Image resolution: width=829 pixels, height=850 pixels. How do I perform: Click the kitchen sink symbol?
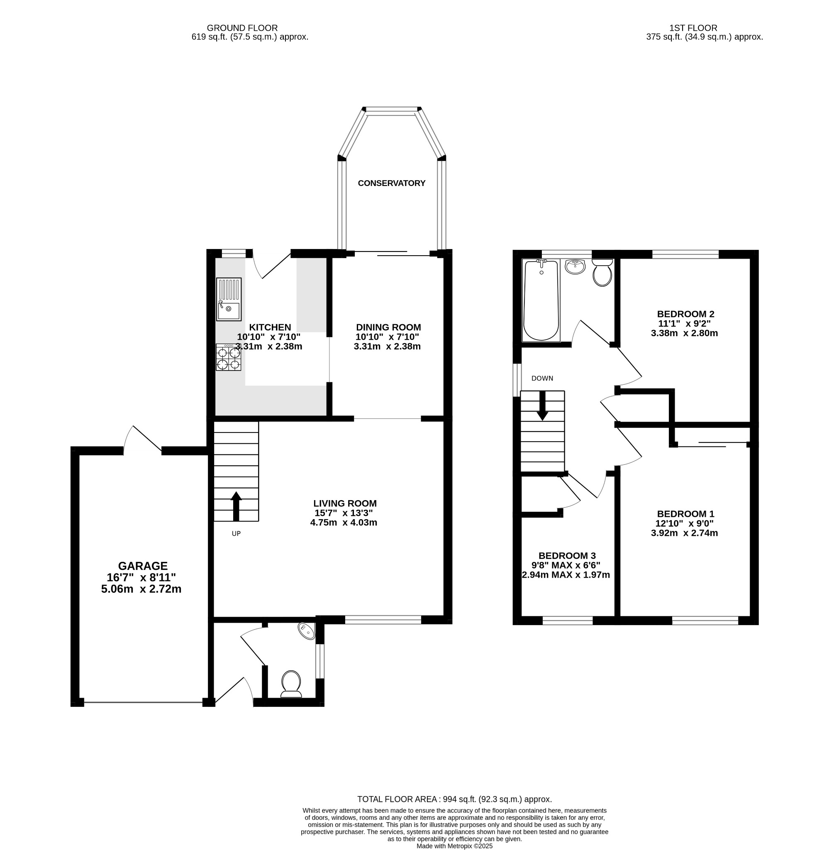click(x=229, y=299)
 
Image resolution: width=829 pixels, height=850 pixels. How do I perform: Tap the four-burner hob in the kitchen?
click(x=229, y=357)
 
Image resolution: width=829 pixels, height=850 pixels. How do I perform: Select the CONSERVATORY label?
click(x=391, y=183)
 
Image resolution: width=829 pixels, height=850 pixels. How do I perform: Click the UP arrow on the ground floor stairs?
click(x=236, y=506)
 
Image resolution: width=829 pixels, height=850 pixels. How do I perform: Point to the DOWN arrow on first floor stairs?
click(x=542, y=406)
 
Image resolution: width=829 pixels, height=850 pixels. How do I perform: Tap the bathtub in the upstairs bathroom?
click(x=541, y=300)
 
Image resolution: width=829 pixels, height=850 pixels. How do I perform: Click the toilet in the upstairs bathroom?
click(x=602, y=273)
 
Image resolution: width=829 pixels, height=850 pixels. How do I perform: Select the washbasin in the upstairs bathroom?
click(x=575, y=266)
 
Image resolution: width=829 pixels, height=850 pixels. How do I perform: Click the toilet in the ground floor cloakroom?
click(x=291, y=683)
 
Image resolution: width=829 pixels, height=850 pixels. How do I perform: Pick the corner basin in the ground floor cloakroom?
click(x=307, y=630)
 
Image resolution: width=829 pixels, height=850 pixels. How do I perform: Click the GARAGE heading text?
click(x=143, y=566)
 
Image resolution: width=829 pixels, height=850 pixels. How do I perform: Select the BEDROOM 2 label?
click(x=685, y=314)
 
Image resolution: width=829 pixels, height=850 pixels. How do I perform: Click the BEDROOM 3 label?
click(x=567, y=556)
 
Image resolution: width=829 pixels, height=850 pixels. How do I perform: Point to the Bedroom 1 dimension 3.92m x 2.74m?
click(x=684, y=533)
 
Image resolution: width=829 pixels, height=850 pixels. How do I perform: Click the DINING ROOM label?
click(x=388, y=327)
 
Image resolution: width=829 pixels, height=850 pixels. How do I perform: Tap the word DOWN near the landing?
click(x=542, y=379)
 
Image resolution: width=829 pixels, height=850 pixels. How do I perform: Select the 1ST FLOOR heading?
click(x=693, y=28)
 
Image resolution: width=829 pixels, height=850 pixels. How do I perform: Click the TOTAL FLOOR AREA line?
click(x=454, y=799)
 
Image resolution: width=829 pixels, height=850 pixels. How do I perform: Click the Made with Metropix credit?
click(x=454, y=846)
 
